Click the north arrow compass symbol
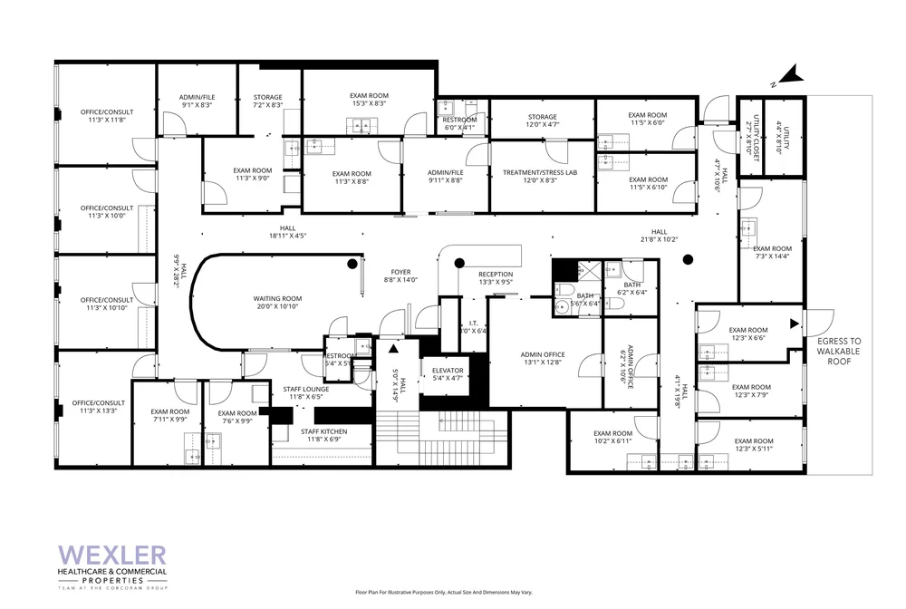[791, 77]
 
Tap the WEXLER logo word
[112, 555]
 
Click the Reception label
[496, 278]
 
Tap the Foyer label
[400, 275]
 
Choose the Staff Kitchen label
[323, 435]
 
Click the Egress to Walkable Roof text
[843, 351]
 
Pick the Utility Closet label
[749, 141]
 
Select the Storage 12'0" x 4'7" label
[543, 121]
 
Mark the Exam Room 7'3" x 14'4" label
[772, 253]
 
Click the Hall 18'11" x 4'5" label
[287, 232]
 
